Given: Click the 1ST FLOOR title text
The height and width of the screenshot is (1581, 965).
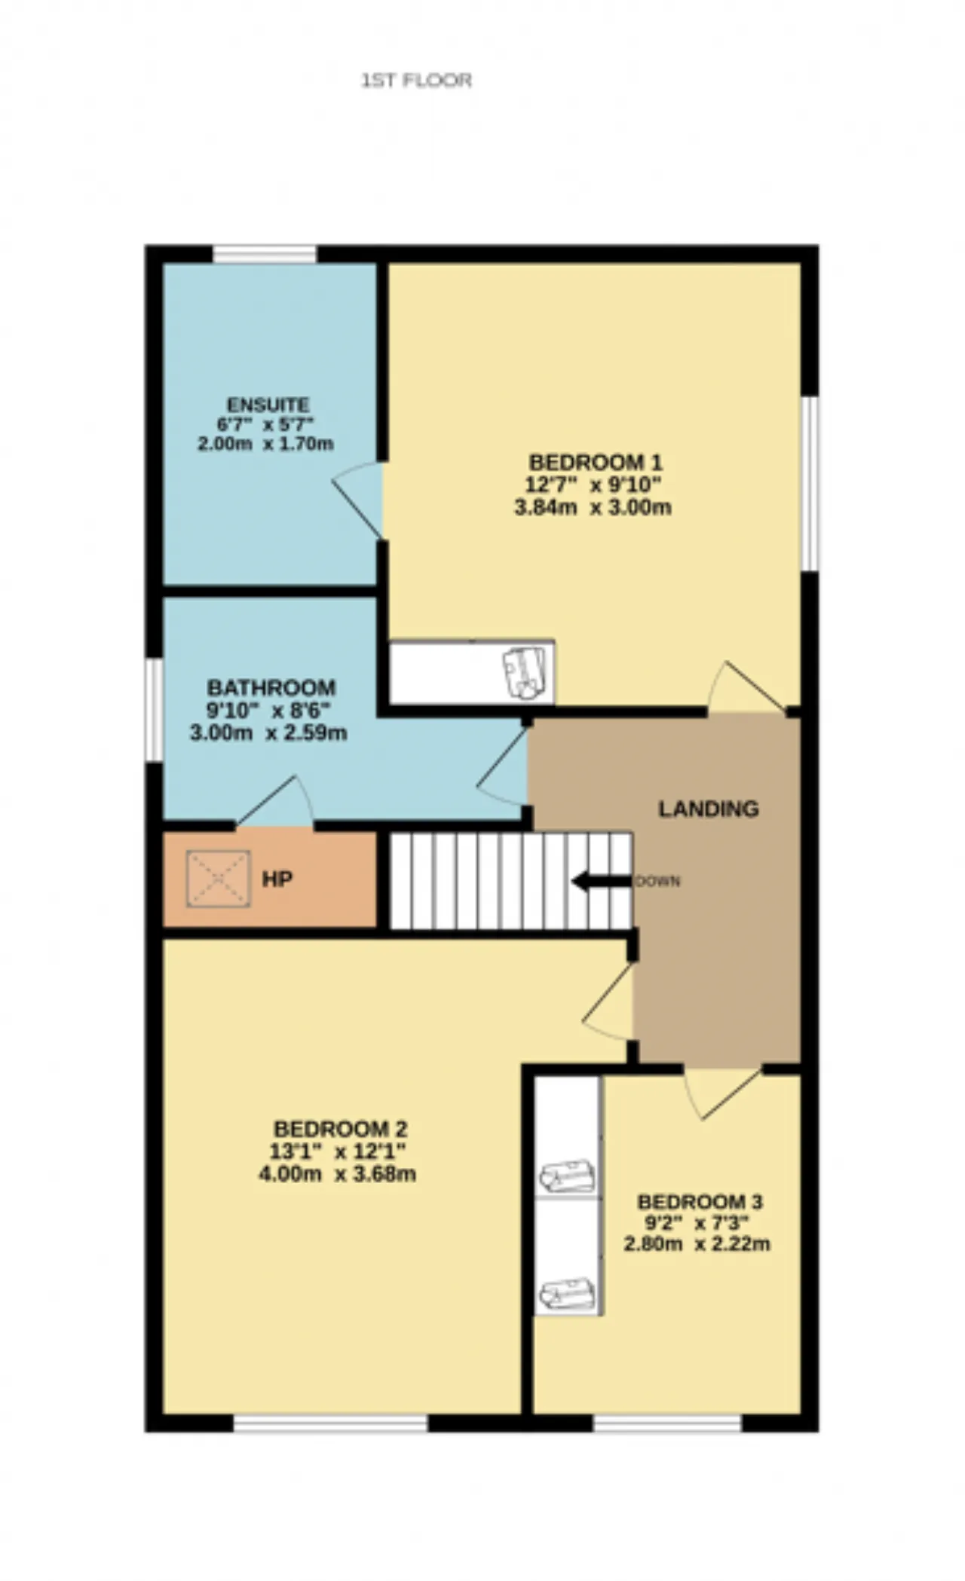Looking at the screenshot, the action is (x=417, y=80).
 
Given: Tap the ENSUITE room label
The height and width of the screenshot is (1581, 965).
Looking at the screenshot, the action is (x=268, y=405).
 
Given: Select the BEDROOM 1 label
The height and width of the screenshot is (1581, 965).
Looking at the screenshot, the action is (x=596, y=461).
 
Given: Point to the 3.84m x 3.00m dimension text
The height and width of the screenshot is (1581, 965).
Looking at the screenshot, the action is (x=593, y=507).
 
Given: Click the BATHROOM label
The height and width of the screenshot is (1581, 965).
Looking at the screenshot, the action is (x=271, y=687).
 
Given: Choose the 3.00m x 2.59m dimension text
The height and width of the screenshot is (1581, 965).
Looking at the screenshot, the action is (x=268, y=732).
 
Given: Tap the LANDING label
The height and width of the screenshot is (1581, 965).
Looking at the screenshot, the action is (x=709, y=809).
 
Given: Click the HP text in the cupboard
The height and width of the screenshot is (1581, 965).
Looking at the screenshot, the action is (x=277, y=879).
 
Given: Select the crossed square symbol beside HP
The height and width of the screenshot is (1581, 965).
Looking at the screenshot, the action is (x=219, y=879).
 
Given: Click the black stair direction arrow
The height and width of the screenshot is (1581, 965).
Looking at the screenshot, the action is (x=602, y=881).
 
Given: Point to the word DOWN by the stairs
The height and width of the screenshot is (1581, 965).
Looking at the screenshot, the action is (x=658, y=881).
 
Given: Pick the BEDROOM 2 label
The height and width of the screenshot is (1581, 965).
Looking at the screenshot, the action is (x=341, y=1129).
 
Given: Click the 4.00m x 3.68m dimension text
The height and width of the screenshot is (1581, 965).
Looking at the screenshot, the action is (x=337, y=1174).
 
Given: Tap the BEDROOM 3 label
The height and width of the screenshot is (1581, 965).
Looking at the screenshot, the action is (x=700, y=1201).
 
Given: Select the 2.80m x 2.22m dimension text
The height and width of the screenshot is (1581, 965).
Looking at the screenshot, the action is (x=697, y=1244).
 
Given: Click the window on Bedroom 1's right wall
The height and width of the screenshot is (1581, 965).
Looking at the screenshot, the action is (x=810, y=483).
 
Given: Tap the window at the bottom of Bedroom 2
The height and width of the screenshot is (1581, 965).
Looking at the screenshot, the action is (x=331, y=1423).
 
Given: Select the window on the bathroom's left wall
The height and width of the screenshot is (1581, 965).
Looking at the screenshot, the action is (x=154, y=710).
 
